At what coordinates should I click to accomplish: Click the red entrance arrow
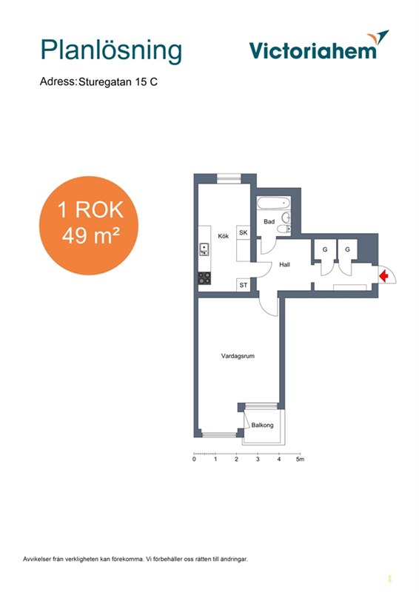383,275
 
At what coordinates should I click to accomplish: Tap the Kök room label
224,236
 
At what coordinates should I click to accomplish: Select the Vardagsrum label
238,356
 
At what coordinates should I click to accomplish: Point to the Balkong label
262,425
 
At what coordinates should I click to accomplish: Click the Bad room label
269,221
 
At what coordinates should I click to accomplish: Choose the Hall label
284,265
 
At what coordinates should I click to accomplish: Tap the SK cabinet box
244,232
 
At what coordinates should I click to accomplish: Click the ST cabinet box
244,285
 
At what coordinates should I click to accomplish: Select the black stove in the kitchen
205,278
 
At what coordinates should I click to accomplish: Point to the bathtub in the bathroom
274,203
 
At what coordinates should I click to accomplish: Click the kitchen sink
204,249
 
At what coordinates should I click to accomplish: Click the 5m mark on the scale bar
300,459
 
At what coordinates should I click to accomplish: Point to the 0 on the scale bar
194,459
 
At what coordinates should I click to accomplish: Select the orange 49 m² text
90,236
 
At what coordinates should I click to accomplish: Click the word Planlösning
111,50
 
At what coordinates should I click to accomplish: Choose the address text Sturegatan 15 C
118,81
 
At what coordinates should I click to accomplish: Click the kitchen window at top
229,178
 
